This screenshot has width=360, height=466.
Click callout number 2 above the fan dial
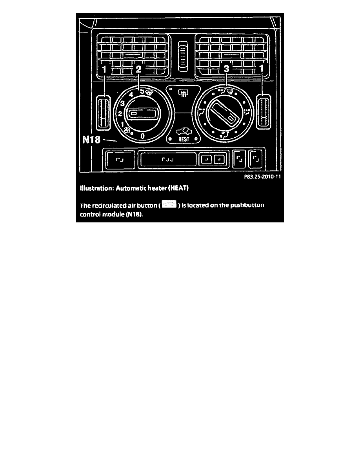pos(138,69)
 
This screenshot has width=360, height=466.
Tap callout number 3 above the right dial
pos(226,69)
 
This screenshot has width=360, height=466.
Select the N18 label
pos(91,139)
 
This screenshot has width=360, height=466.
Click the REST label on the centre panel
pos(184,139)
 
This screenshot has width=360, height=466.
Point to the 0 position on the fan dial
pos(143,137)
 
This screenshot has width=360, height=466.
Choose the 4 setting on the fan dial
pos(131,95)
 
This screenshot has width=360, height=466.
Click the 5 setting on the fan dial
pos(142,91)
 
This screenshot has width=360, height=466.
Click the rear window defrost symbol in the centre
pos(183,94)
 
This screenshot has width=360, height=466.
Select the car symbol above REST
pos(184,131)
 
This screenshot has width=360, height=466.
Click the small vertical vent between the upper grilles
pos(183,56)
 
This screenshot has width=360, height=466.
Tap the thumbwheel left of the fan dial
pos(104,112)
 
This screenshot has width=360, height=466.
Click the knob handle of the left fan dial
pos(143,114)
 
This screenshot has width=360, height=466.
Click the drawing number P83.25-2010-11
pos(262,177)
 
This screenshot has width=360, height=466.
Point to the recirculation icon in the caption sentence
pos(169,204)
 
